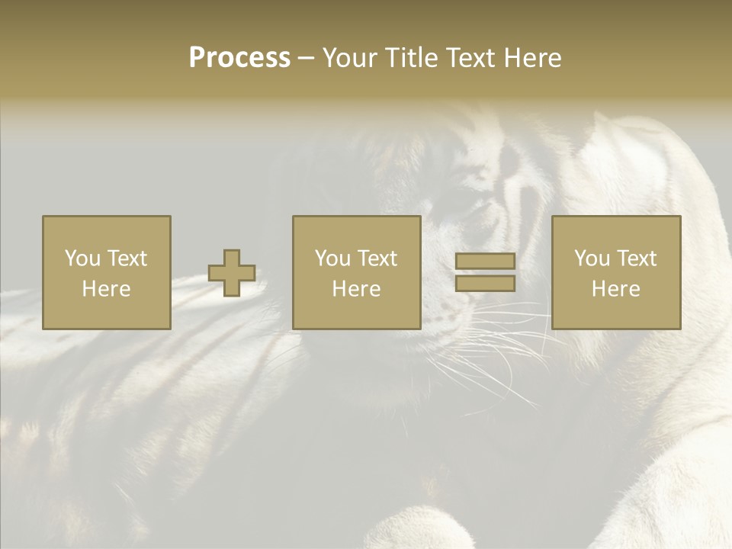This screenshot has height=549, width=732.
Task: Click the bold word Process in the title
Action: (x=239, y=58)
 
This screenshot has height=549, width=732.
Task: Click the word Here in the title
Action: (x=531, y=58)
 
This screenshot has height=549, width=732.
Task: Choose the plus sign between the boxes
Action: (x=232, y=273)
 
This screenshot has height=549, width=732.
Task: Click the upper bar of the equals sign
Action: (x=485, y=262)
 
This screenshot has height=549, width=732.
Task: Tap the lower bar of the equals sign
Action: (x=485, y=284)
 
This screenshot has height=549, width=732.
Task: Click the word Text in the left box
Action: (x=126, y=258)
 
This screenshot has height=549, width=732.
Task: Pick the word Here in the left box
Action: (x=106, y=289)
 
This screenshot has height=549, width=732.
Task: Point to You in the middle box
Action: (x=332, y=258)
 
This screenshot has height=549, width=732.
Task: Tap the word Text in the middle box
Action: (x=376, y=258)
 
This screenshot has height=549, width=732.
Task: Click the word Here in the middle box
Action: (x=356, y=289)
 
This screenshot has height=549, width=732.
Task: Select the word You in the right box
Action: (x=592, y=258)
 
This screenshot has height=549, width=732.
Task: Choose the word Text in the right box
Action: (x=635, y=258)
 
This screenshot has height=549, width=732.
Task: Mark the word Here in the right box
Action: (x=615, y=289)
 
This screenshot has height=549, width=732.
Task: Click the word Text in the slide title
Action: (x=469, y=58)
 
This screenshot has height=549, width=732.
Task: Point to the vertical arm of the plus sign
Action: (x=232, y=257)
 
